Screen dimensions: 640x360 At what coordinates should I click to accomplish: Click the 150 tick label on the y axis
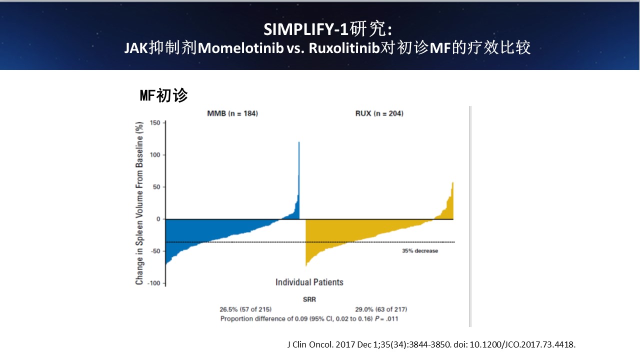coord(155,123)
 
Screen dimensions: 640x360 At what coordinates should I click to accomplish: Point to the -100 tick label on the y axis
coord(153,283)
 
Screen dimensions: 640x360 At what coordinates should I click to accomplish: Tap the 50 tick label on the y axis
coord(156,187)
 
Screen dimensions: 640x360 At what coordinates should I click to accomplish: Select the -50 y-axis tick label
coord(155,251)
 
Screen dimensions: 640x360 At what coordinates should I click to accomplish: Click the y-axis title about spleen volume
coord(139,203)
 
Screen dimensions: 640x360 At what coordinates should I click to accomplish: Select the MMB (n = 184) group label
coord(232,113)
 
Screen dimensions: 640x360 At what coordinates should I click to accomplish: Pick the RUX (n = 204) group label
coord(379,113)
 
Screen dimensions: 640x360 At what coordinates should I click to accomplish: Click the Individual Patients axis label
coord(309,282)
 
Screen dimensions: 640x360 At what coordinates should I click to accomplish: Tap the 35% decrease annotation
coord(420,251)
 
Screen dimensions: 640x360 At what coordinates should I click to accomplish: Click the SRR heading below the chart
coord(309,299)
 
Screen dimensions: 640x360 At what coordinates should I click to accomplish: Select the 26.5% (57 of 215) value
coord(245,309)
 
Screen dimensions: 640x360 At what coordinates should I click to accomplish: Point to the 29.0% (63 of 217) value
coord(381,309)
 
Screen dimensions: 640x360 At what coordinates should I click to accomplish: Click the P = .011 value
coord(386,319)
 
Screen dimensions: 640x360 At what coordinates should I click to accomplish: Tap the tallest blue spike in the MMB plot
coord(299,142)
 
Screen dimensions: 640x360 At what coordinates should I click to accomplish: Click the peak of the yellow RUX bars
coord(452,182)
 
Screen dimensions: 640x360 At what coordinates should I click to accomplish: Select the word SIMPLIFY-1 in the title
coord(305,29)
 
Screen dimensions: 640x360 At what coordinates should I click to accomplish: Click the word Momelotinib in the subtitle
coord(240,48)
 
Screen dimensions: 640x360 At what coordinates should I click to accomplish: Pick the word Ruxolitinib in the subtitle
coord(344,48)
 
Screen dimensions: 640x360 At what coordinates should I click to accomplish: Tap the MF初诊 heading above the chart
coord(163,95)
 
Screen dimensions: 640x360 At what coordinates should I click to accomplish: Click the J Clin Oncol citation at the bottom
coord(431,344)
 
